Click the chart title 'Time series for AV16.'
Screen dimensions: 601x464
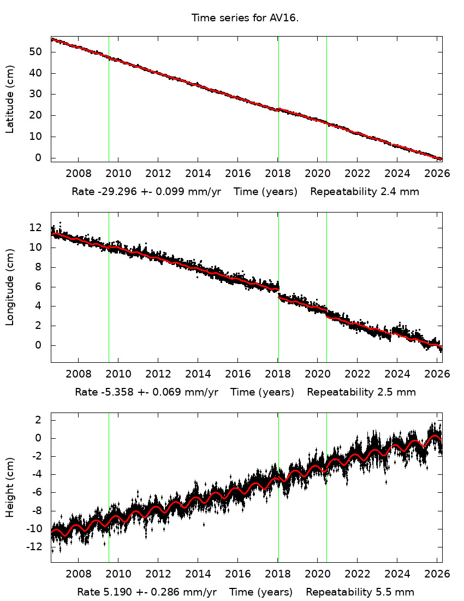pos(245,18)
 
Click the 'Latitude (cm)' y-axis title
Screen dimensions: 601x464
pos(10,99)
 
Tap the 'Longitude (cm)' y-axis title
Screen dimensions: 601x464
pos(10,287)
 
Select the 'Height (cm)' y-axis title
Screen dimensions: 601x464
pos(10,488)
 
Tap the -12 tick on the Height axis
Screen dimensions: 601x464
pos(37,547)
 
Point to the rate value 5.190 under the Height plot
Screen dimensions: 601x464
pos(113,592)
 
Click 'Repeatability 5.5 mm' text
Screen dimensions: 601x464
pos(360,592)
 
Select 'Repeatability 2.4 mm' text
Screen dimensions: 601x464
pos(365,192)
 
